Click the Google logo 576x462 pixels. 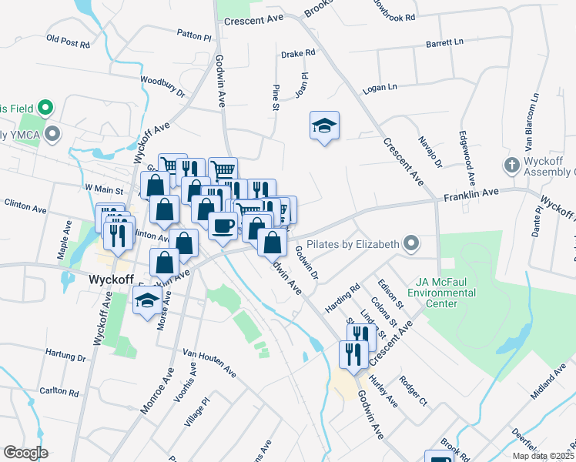pos(26,453)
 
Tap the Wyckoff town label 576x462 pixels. pos(112,279)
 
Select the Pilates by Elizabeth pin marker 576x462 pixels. pos(411,245)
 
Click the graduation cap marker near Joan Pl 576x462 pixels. pos(324,126)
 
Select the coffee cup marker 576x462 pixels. pos(223,226)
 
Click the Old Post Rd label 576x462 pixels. pos(68,41)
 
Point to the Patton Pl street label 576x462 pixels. pos(193,35)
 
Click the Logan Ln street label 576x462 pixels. pos(380,89)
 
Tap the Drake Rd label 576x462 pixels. pos(298,54)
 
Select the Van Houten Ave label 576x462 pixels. pos(209,361)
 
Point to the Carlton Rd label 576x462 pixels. pos(59,392)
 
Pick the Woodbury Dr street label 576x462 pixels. pos(162,86)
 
